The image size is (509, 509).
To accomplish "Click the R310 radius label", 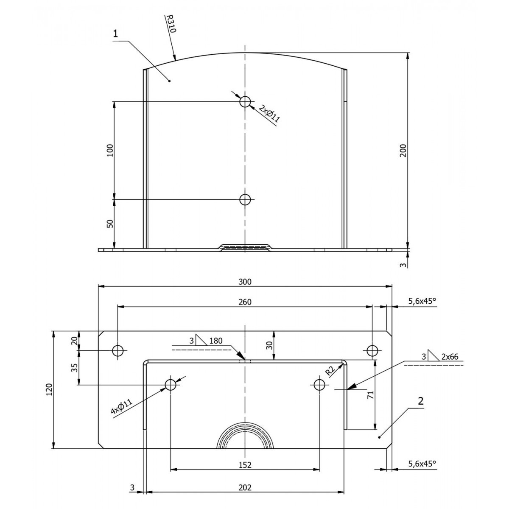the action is pyautogui.click(x=171, y=23).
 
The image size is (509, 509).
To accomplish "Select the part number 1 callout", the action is pyautogui.click(x=115, y=34).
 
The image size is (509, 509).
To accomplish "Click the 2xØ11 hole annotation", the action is pyautogui.click(x=269, y=114).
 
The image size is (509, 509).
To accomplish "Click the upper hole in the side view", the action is pyautogui.click(x=245, y=101).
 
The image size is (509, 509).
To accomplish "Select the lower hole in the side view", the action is pyautogui.click(x=245, y=199).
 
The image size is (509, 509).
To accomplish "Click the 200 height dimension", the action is pyautogui.click(x=403, y=151).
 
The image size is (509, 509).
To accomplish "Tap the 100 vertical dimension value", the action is pyautogui.click(x=110, y=150).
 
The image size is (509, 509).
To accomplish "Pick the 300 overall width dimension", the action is pyautogui.click(x=245, y=282).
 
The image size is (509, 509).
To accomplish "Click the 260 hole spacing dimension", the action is pyautogui.click(x=245, y=302).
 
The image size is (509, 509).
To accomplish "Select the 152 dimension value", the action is pyautogui.click(x=245, y=464).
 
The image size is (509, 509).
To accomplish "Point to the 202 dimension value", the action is pyautogui.click(x=245, y=487).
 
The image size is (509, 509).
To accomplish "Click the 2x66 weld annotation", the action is pyautogui.click(x=450, y=357).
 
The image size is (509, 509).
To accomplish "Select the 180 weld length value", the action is pyautogui.click(x=216, y=341).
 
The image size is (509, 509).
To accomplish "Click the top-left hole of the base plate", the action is pyautogui.click(x=118, y=351).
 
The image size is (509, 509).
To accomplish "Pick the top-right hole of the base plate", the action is pyautogui.click(x=372, y=351).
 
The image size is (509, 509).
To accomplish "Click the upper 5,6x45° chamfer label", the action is pyautogui.click(x=422, y=302).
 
